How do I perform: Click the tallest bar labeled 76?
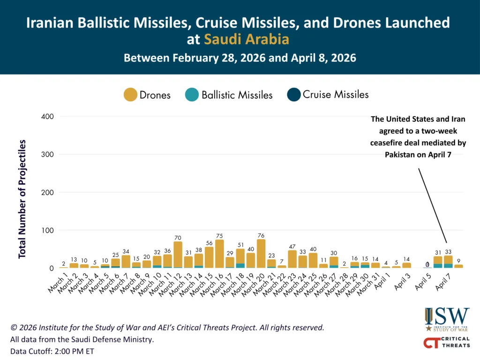click(x=261, y=254)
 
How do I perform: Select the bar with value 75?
click(x=219, y=254)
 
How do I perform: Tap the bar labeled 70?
click(x=178, y=255)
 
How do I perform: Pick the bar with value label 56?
click(x=209, y=257)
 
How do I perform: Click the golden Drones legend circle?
click(x=130, y=95)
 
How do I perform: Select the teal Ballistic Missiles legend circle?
click(x=192, y=95)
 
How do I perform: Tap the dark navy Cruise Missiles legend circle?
click(x=294, y=94)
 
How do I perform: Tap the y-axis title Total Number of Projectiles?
click(x=22, y=199)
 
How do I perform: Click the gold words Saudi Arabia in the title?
click(x=246, y=39)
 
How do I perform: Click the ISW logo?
click(x=446, y=319)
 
